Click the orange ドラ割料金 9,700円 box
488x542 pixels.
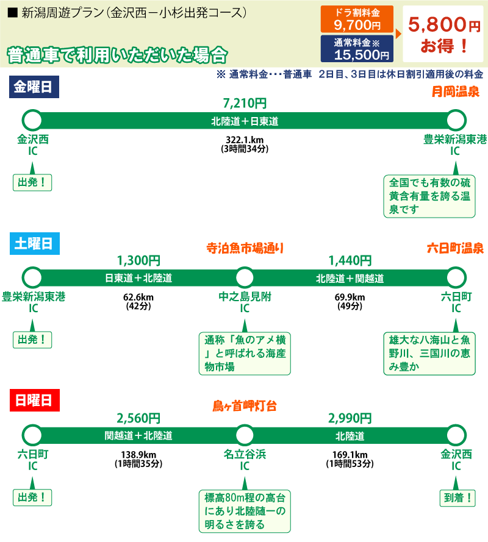pos(357,20)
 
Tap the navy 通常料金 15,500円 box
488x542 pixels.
pos(357,49)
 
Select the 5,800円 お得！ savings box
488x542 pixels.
pos(444,34)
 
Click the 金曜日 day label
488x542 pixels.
pos(34,87)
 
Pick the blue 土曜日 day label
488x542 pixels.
pos(34,244)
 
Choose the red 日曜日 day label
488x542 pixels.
pos(34,401)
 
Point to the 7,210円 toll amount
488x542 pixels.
pos(245,104)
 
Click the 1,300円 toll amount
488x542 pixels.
pos(138,261)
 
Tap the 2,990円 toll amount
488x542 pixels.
pos(350,418)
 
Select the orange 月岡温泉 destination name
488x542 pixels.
pos(455,92)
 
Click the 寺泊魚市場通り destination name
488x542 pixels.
pos(245,248)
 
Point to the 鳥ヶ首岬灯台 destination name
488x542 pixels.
pos(245,405)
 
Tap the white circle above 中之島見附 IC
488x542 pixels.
pos(245,277)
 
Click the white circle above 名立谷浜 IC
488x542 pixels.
pos(245,435)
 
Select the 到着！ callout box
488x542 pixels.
pos(456,497)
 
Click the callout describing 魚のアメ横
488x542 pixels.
pos(245,353)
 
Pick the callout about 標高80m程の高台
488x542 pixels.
pos(245,511)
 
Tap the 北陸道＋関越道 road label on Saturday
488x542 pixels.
pos(350,279)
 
